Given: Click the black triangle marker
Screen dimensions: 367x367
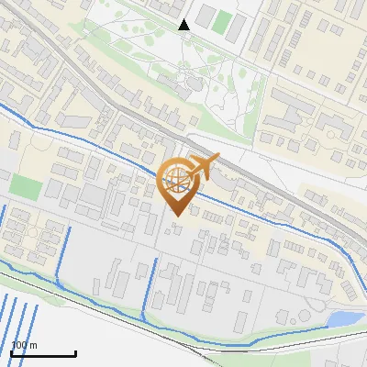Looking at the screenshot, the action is coord(183,25).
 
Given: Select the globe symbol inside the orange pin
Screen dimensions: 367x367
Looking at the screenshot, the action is coord(176,181).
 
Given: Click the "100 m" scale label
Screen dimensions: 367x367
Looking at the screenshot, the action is coord(25,345).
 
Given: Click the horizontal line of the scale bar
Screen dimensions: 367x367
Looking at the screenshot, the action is coord(43,354).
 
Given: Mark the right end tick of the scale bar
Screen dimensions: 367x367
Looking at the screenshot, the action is coord(75,352).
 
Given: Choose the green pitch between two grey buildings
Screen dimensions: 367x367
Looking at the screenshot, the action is coord(222,20).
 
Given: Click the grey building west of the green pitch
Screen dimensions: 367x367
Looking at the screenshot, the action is coord(206,17).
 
